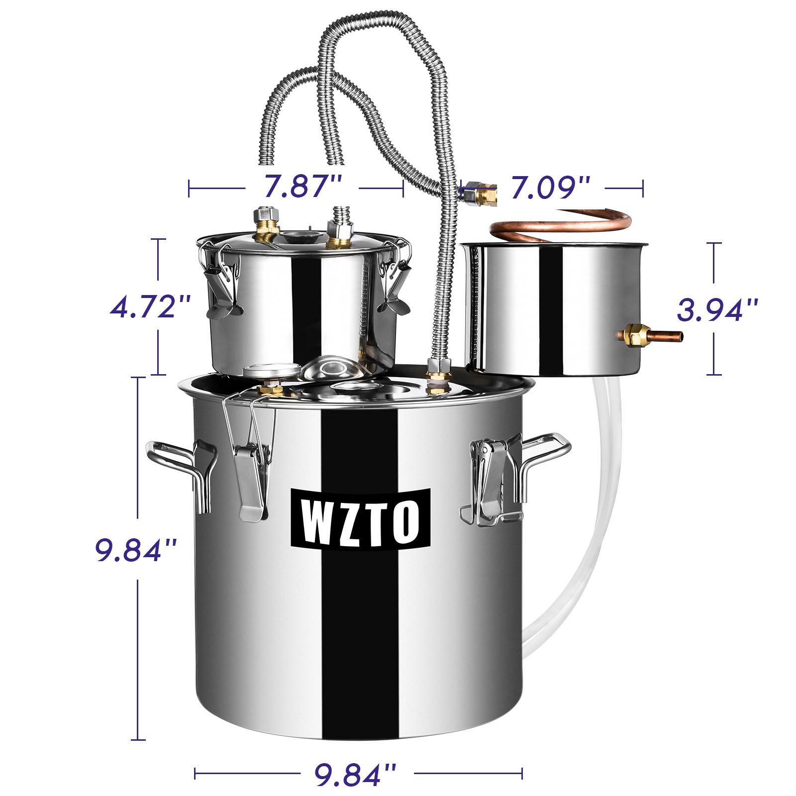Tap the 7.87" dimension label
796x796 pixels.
click(302, 188)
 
